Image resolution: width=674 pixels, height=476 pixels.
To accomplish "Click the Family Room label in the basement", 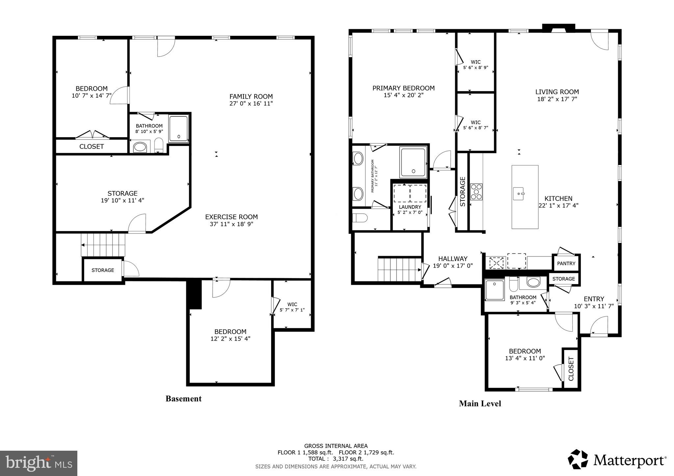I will coord(251,97).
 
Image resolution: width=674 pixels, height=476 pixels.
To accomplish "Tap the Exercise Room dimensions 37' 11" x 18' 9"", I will coord(231,224).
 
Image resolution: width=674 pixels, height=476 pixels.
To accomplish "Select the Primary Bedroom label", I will coord(403,88).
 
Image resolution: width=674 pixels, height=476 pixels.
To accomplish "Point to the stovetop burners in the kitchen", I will coord(476,192).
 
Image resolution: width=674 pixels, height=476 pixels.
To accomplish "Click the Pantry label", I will coord(566,263).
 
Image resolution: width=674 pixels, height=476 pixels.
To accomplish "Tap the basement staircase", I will coord(103,245).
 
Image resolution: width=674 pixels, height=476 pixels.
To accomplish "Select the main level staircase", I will coord(399,270).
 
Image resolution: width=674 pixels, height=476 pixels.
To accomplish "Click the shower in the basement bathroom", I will coord(179,129).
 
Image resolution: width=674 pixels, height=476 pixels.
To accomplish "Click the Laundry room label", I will coord(410,207).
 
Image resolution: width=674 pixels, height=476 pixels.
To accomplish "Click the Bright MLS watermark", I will coord(39,463).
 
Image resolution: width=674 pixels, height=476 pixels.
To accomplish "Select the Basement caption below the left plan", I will coord(183,399).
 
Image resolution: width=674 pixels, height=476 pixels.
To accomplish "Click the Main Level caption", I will coord(480,404).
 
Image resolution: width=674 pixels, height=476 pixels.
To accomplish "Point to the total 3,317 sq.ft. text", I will coord(336,459).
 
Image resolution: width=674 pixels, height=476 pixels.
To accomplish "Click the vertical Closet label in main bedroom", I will coord(571,369).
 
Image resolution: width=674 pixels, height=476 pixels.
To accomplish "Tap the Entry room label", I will coord(594,299).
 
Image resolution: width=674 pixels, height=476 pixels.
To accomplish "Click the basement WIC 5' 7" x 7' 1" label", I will coord(292,307).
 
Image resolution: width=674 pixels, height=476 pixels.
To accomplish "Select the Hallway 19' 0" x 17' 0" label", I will coord(453,262).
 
